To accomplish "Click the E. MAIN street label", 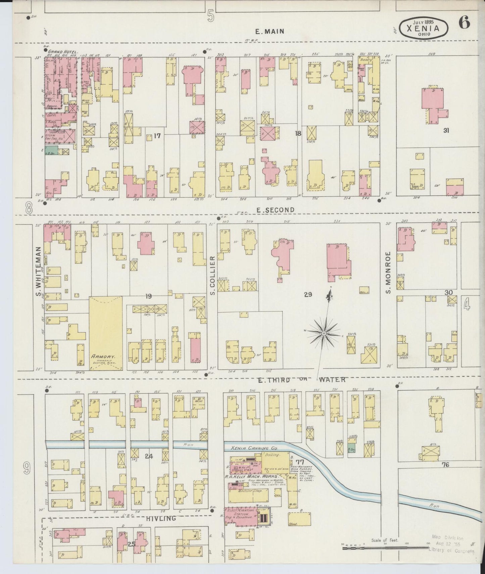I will click(270, 32).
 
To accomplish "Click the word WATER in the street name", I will click(332, 380).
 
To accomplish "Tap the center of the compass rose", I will click(324, 333).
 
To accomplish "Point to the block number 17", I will click(157, 136).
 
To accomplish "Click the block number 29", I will click(308, 294).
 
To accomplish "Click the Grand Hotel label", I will click(63, 52).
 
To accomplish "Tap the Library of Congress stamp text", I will click(451, 551).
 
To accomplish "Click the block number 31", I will click(446, 131).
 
